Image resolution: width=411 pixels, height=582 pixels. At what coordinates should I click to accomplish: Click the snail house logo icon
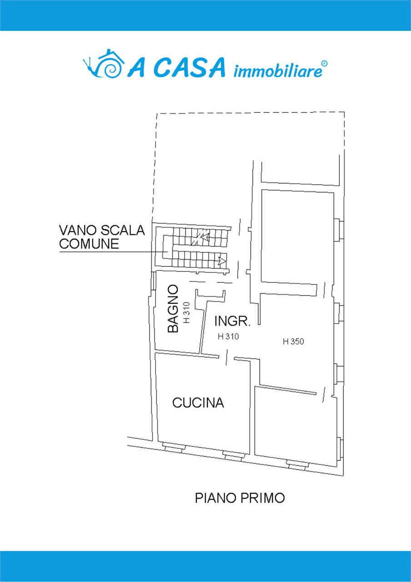104,64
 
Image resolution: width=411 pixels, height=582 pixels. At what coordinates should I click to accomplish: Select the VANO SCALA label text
102,230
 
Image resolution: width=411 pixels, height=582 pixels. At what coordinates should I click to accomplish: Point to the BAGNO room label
172,309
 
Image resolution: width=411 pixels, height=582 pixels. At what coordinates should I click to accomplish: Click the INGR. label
232,322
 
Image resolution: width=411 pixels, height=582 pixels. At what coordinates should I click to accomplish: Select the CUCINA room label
198,403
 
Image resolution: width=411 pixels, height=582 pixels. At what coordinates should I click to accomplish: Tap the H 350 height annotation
293,342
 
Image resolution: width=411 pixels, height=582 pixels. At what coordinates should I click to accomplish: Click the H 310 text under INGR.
228,337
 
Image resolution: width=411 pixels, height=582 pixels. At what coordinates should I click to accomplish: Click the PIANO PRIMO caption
240,498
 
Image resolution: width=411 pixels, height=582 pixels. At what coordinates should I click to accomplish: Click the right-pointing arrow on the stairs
222,261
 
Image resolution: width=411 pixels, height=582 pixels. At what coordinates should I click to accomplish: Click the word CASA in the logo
190,68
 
